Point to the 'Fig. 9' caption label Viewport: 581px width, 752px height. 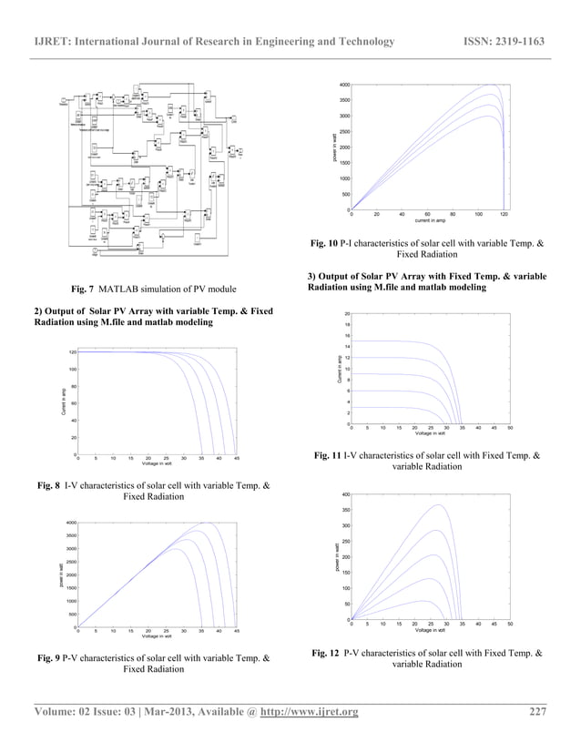pos(47,657)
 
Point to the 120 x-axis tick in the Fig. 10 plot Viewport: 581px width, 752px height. pos(504,215)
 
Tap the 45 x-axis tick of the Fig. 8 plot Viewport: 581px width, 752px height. pos(236,460)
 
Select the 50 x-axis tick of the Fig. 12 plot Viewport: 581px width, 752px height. pos(511,625)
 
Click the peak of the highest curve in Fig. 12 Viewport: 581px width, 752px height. pos(440,504)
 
